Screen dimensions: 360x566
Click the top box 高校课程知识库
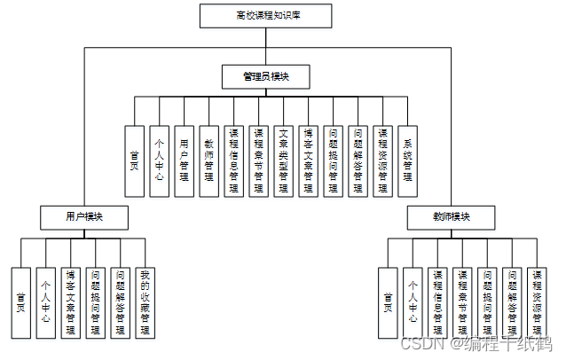[265, 16]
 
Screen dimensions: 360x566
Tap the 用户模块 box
[83, 216]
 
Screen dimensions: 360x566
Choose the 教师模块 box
[451, 216]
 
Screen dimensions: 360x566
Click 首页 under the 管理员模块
[134, 160]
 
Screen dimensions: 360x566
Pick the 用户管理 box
[184, 160]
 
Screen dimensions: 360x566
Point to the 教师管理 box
[208, 160]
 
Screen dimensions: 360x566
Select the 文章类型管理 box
[283, 160]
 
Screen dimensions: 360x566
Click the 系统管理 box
[407, 160]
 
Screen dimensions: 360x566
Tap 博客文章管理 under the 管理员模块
[308, 160]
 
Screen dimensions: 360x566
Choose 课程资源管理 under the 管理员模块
[382, 160]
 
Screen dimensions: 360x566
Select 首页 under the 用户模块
[21, 301]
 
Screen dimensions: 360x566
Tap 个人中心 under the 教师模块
[413, 301]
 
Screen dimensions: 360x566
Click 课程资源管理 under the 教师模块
[537, 301]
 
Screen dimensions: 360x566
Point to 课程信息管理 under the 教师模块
[437, 301]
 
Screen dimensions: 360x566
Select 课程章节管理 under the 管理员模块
[258, 160]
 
